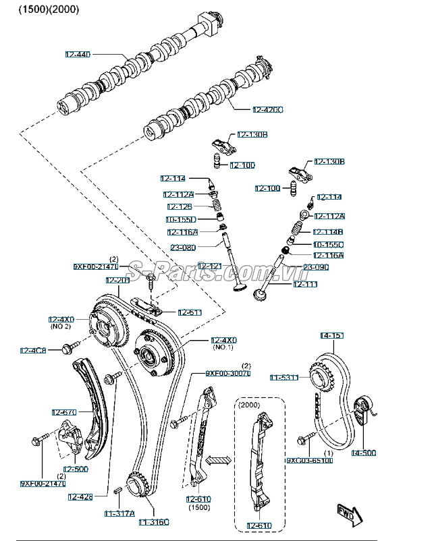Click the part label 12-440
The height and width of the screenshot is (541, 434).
(x=77, y=53)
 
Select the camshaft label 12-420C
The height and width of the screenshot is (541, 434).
(x=268, y=109)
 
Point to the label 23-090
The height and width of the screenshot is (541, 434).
(x=315, y=267)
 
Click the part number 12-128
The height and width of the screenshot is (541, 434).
(x=180, y=207)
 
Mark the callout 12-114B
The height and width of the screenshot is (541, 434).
(x=328, y=231)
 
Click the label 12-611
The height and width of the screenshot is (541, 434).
(x=190, y=312)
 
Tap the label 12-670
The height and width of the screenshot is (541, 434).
(x=63, y=411)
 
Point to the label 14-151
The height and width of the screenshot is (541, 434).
(x=331, y=335)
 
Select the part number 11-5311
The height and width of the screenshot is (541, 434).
(x=283, y=377)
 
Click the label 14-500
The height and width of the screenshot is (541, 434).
(x=362, y=453)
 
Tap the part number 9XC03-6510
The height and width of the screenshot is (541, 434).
(x=309, y=461)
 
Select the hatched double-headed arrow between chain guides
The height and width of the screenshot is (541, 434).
(x=219, y=461)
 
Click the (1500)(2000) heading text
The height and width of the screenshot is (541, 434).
(x=48, y=9)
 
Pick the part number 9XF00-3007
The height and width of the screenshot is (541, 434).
(x=228, y=373)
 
